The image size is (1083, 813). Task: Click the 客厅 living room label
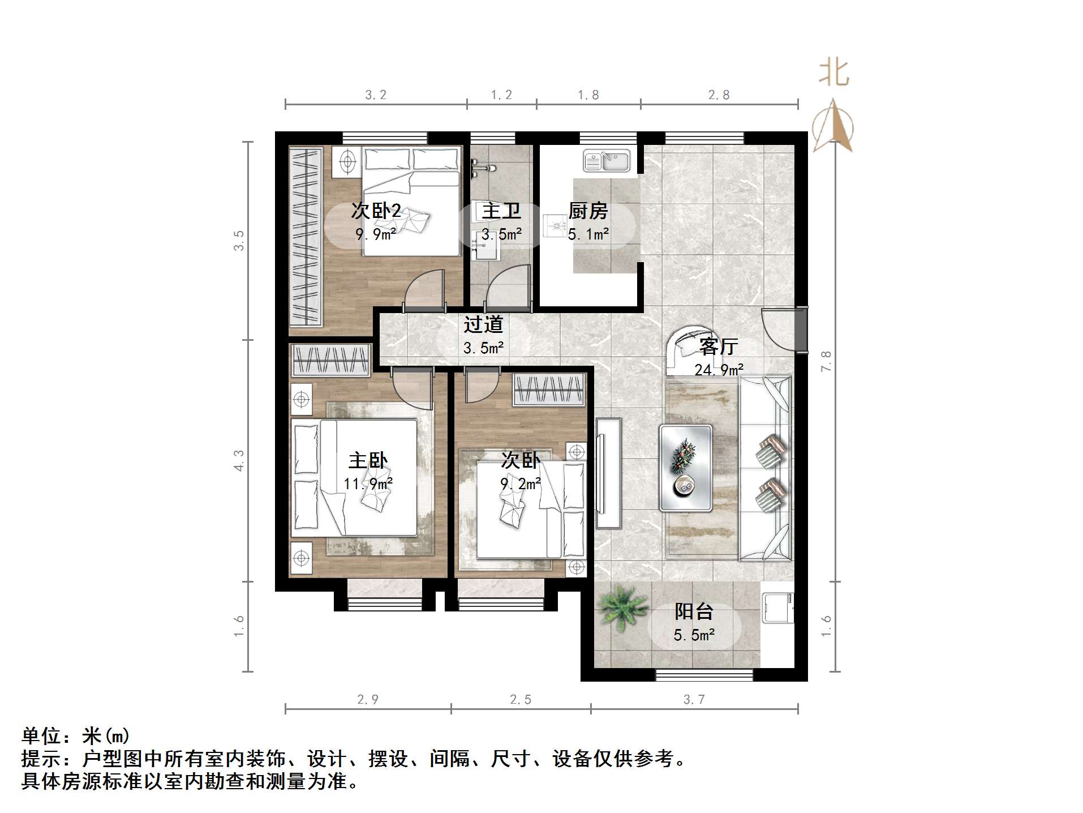718,346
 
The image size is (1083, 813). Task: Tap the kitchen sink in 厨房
607,161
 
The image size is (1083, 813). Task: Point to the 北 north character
833,73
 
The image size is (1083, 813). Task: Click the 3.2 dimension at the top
376,95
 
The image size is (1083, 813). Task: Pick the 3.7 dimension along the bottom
694,700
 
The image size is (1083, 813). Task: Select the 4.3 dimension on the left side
239,460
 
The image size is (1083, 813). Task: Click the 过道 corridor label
483,324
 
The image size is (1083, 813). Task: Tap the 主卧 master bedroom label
368,460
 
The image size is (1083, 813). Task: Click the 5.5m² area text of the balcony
694,635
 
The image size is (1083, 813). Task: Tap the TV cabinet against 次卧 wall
609,473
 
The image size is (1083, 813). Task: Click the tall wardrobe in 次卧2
306,236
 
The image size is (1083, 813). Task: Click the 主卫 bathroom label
501,211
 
